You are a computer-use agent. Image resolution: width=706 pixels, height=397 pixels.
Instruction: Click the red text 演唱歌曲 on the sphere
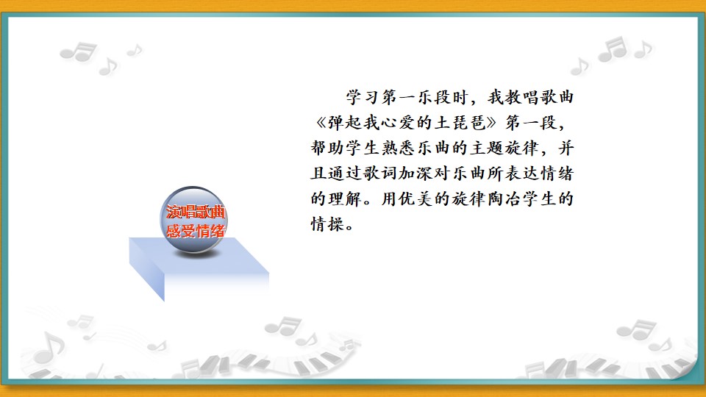(196, 212)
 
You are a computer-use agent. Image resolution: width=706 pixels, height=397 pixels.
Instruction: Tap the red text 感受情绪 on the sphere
(196, 231)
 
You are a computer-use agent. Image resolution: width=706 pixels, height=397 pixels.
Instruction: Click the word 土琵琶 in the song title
(459, 123)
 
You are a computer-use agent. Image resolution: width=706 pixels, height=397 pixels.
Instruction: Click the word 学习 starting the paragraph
(363, 97)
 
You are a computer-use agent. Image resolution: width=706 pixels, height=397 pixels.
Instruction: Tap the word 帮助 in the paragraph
(327, 148)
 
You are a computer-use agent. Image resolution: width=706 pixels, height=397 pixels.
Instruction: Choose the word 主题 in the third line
(486, 148)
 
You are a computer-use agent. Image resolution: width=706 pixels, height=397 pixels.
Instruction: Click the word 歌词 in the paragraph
(380, 174)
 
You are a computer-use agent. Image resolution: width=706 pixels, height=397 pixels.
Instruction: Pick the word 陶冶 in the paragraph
(504, 198)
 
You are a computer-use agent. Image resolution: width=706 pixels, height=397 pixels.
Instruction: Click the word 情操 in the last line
(327, 223)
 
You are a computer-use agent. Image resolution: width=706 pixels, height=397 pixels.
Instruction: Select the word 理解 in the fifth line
(345, 198)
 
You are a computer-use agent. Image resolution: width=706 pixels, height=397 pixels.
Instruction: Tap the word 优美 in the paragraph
(416, 198)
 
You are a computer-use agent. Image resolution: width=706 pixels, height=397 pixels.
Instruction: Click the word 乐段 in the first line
(434, 97)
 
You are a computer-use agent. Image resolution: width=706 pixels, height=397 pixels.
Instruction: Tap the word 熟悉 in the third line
(398, 148)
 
